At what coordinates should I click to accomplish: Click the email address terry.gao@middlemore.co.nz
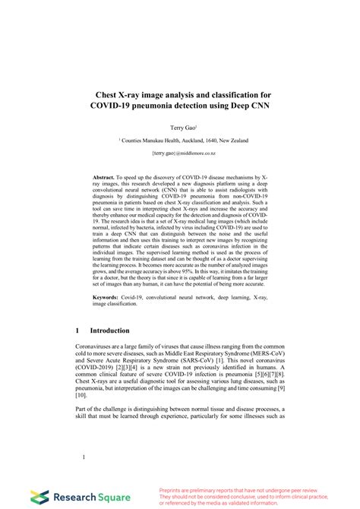180,153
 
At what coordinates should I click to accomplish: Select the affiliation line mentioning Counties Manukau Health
180,140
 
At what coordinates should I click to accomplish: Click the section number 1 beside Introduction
78,330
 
